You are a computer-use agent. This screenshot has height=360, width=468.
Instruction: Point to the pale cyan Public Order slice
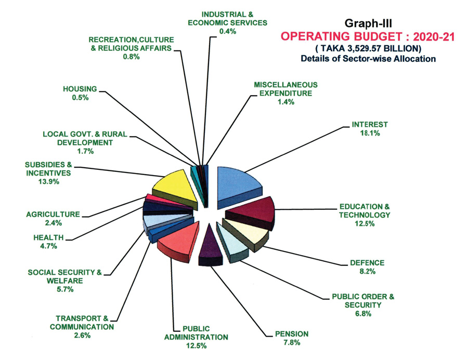pos(231,241)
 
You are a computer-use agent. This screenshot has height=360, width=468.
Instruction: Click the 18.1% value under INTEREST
pos(370,134)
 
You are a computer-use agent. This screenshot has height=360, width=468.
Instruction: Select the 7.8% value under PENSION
pos(289,342)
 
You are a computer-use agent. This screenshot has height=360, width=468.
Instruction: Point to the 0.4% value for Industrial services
pos(227,31)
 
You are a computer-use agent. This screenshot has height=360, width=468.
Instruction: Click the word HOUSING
pos(79,89)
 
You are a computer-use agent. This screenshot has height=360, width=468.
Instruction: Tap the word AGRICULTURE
pos(53,214)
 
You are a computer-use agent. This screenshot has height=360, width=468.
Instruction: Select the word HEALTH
pos(48,237)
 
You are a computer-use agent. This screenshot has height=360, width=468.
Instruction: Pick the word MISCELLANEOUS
pos(285,85)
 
